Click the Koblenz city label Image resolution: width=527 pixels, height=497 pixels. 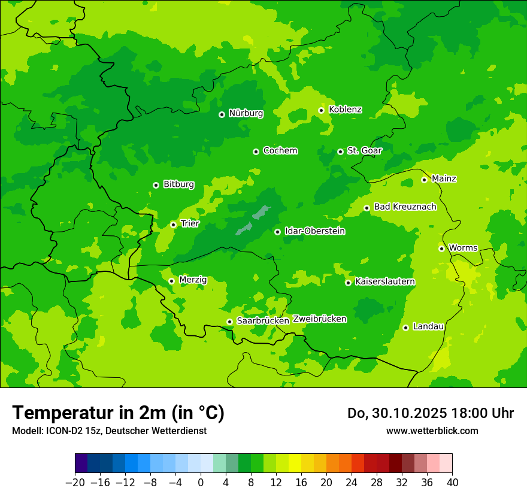345,110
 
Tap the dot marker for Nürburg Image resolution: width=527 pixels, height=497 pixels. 222,114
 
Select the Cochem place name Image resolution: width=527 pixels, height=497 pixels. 280,150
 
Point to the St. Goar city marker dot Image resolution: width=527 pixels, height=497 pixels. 340,151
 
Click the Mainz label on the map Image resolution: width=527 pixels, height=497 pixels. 444,178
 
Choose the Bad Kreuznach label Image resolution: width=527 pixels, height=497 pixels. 405,207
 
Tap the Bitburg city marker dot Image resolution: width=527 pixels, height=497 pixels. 156,185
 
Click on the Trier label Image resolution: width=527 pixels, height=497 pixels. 190,223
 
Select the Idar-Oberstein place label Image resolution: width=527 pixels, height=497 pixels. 315,231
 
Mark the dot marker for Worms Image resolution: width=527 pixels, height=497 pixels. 441,249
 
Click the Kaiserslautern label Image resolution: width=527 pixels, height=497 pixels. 384,281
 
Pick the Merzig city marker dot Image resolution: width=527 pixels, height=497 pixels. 171,281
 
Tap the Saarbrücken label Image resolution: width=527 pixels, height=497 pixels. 263,320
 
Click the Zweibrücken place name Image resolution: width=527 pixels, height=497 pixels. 320,319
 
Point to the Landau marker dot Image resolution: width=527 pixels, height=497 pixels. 405,328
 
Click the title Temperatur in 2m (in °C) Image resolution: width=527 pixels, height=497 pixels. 118,413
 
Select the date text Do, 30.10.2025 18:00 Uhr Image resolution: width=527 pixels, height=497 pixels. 430,413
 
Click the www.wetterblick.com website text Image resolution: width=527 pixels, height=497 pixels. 432,431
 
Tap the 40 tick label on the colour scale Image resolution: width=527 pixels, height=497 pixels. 452,483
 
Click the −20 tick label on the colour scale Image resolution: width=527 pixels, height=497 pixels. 75,483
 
